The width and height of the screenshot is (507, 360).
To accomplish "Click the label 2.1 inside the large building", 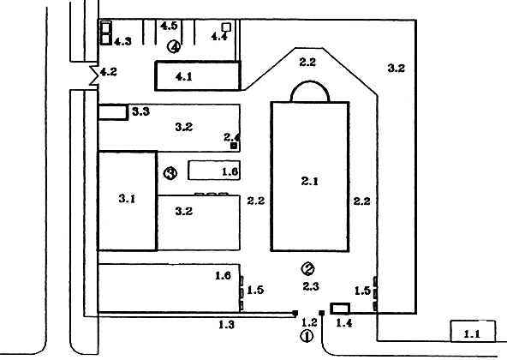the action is [x=309, y=181].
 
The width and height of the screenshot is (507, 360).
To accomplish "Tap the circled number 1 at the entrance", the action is [x=307, y=336].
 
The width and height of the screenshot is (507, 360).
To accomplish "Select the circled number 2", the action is [x=307, y=268].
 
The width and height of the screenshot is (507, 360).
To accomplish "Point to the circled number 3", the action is [x=170, y=173].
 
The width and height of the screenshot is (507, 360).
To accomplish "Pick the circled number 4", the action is [x=174, y=47].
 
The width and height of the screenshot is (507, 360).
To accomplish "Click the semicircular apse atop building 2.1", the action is [x=310, y=81].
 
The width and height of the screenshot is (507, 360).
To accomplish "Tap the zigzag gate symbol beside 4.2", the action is [x=93, y=75].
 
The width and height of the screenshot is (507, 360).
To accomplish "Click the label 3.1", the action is [x=127, y=198].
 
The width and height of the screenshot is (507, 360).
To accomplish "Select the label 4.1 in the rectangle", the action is [x=183, y=77].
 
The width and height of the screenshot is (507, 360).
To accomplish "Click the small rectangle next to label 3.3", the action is [x=112, y=112].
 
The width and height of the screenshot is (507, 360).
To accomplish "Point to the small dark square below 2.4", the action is [x=234, y=146].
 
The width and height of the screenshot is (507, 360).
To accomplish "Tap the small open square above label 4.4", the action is [x=226, y=27].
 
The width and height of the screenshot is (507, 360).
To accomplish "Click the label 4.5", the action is [x=169, y=26].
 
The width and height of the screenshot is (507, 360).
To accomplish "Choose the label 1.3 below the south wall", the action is [x=226, y=324].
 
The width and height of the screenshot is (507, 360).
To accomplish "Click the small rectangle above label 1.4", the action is [x=340, y=309].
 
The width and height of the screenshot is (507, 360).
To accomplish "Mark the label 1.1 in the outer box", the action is [x=472, y=333].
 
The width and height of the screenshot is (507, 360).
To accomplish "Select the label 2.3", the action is [x=311, y=286].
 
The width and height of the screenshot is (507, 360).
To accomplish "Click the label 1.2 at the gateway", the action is [x=309, y=322].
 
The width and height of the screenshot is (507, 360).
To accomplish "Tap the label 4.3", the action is [x=122, y=41].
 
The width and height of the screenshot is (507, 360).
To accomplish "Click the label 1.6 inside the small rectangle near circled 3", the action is [x=230, y=171].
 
